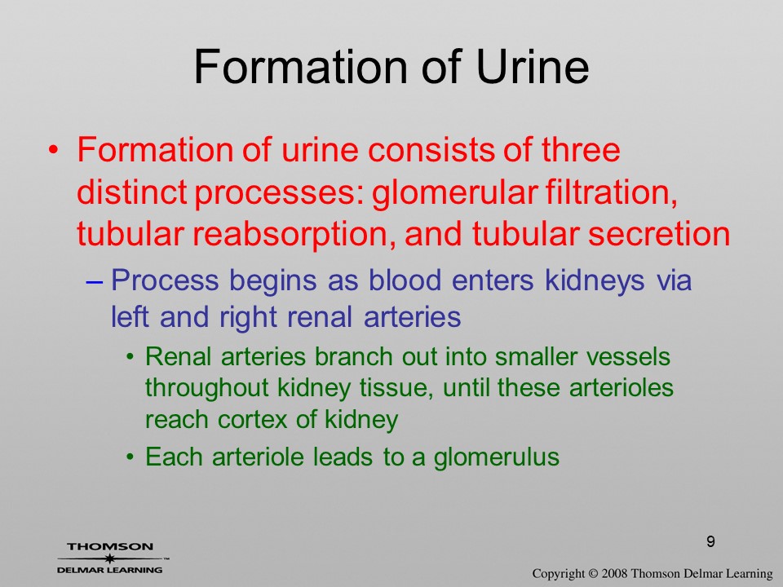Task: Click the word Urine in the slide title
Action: (x=533, y=66)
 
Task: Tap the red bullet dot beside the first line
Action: (x=54, y=150)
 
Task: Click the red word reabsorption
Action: (x=290, y=234)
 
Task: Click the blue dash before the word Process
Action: (x=94, y=281)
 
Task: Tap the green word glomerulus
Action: (x=497, y=457)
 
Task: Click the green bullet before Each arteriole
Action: (x=130, y=457)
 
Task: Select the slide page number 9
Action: (x=710, y=541)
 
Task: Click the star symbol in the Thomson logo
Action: (x=108, y=558)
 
